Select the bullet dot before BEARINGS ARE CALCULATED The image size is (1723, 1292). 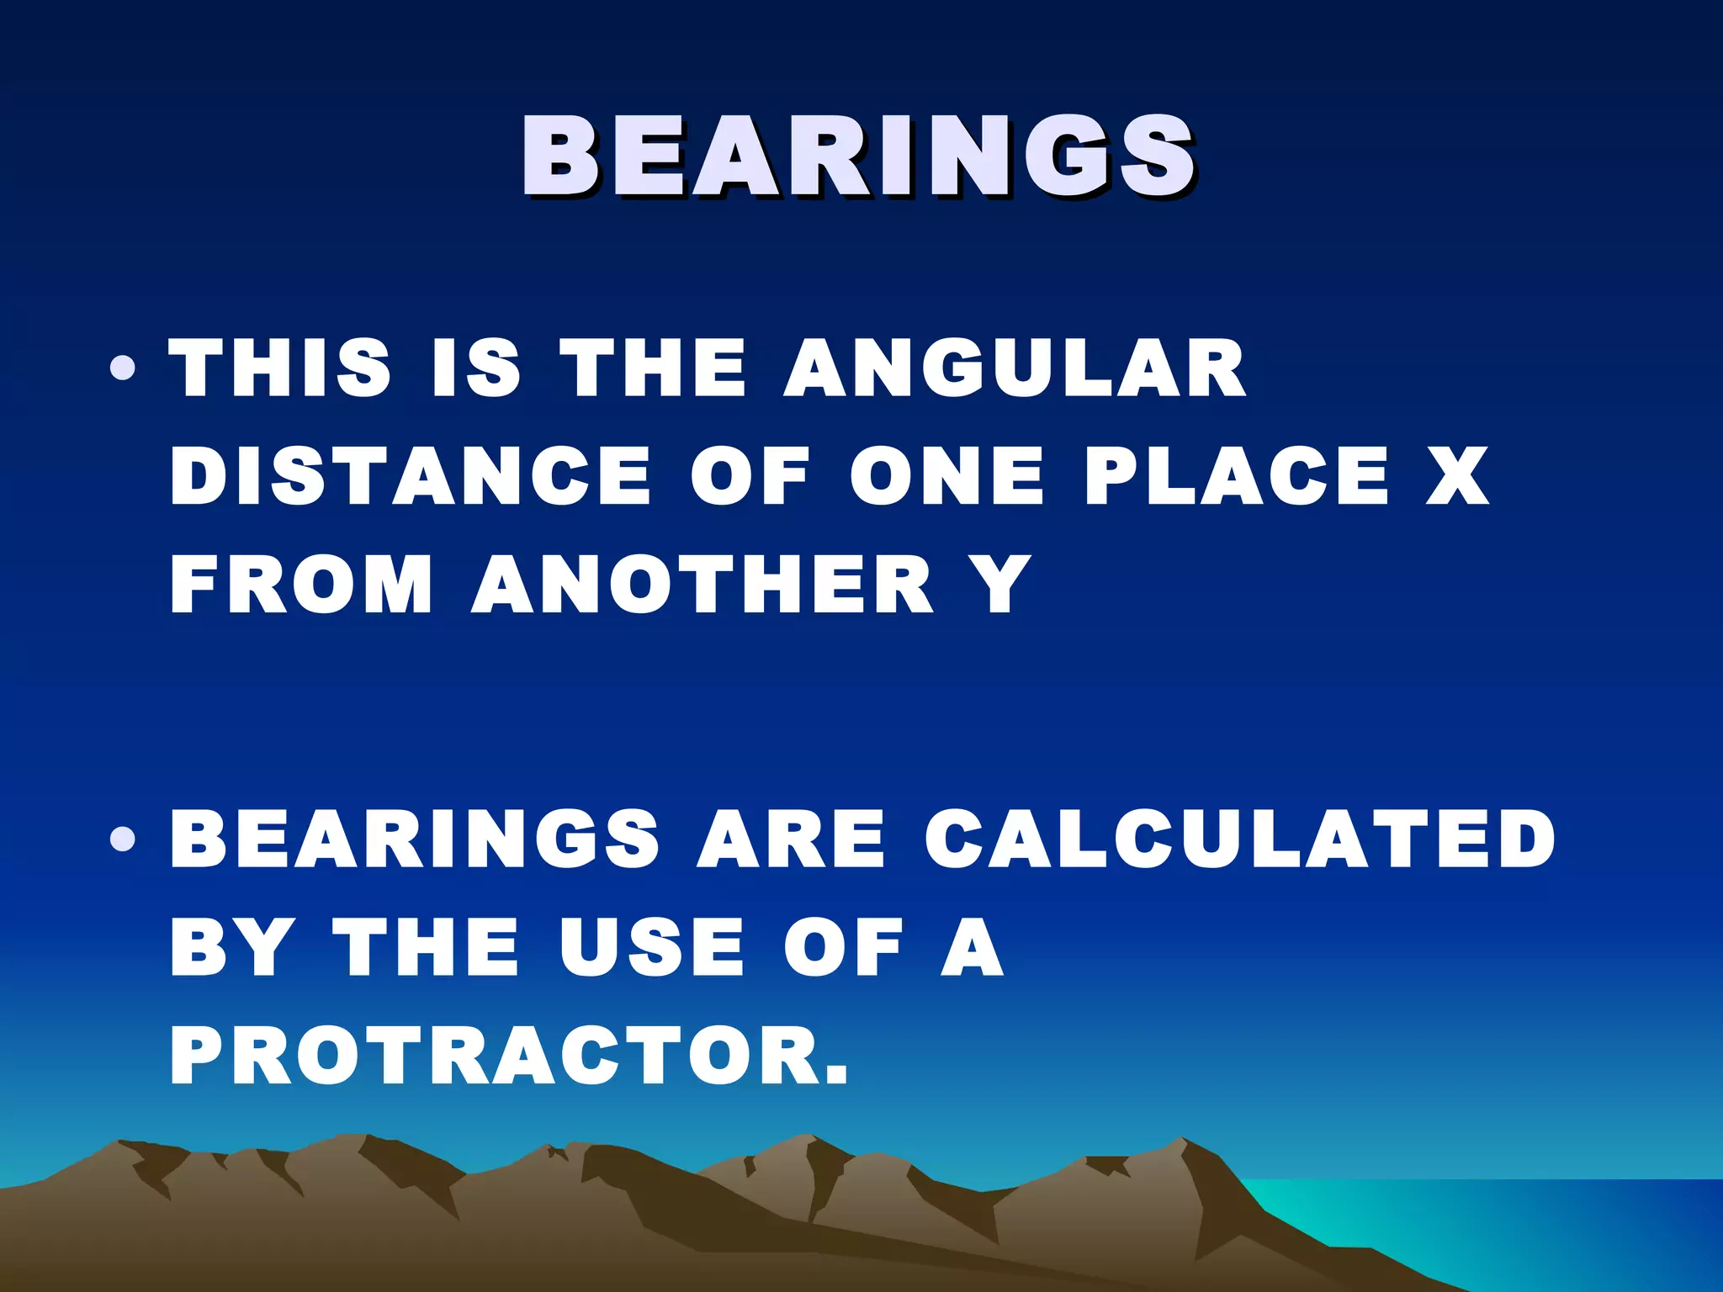(123, 839)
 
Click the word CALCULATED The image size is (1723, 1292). (1240, 839)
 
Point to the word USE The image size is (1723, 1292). (652, 948)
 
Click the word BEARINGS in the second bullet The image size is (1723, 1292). (416, 839)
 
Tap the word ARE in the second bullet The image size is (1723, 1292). (791, 839)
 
